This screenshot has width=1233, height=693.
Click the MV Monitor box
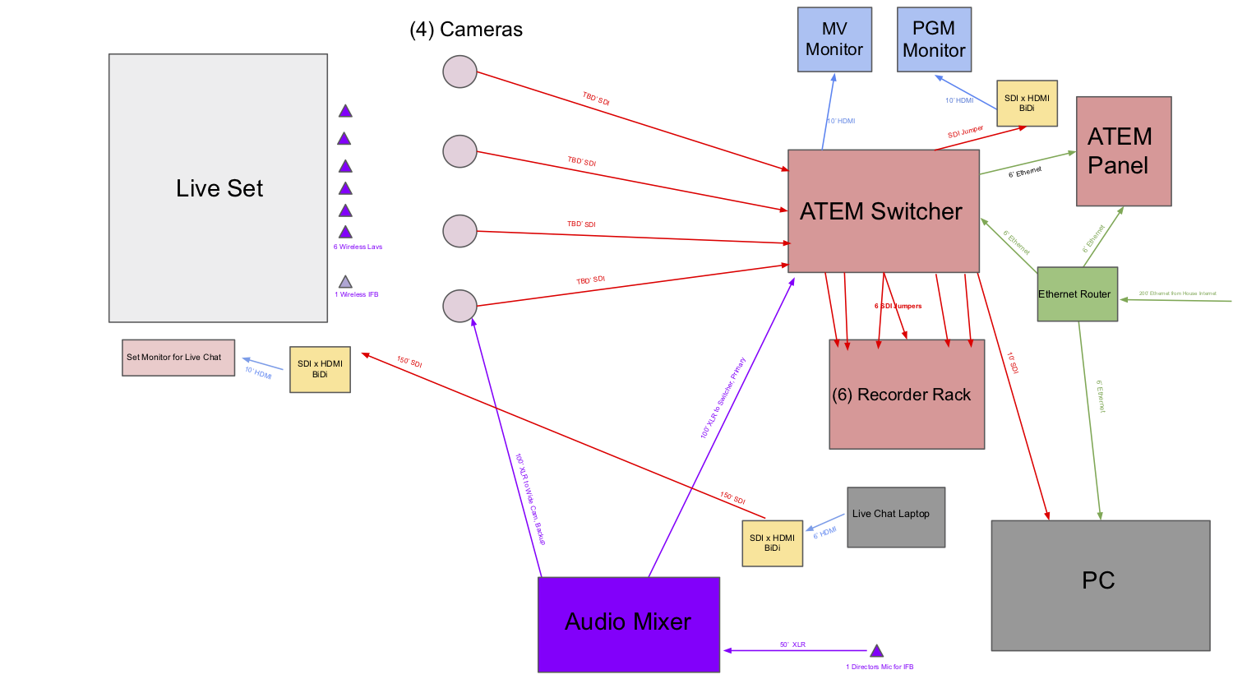(x=834, y=39)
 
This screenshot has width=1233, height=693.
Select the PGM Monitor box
(x=934, y=39)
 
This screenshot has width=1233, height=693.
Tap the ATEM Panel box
(x=1124, y=151)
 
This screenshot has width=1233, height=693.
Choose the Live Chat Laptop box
(x=896, y=517)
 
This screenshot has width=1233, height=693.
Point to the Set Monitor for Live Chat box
(x=178, y=358)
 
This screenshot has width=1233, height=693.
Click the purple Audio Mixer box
(x=629, y=624)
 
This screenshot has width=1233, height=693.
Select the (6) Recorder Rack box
(x=907, y=395)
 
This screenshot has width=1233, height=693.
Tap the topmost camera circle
(x=459, y=72)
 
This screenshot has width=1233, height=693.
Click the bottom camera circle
(x=459, y=306)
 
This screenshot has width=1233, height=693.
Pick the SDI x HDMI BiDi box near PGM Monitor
(x=1027, y=104)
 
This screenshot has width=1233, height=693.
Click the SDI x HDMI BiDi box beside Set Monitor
(x=320, y=369)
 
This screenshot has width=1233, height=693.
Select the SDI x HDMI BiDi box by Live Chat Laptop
(x=772, y=543)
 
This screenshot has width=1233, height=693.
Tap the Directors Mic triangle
(x=876, y=651)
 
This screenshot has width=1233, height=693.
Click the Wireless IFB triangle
(x=345, y=282)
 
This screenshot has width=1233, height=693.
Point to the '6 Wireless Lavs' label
(x=358, y=247)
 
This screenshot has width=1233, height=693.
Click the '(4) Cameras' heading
(x=466, y=30)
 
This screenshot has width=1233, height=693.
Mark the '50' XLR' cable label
(x=792, y=644)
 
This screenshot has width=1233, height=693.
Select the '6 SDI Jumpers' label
(x=898, y=306)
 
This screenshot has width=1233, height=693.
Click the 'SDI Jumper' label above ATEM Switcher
(x=965, y=132)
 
